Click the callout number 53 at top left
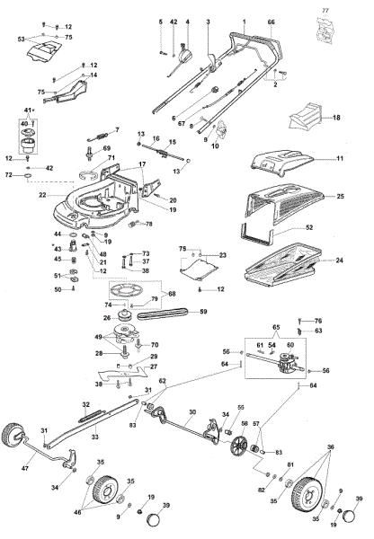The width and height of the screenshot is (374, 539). click(21, 40)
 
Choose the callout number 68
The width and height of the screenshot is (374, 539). click(173, 293)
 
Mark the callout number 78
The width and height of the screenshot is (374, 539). click(149, 223)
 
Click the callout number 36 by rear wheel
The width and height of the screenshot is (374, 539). click(331, 446)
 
